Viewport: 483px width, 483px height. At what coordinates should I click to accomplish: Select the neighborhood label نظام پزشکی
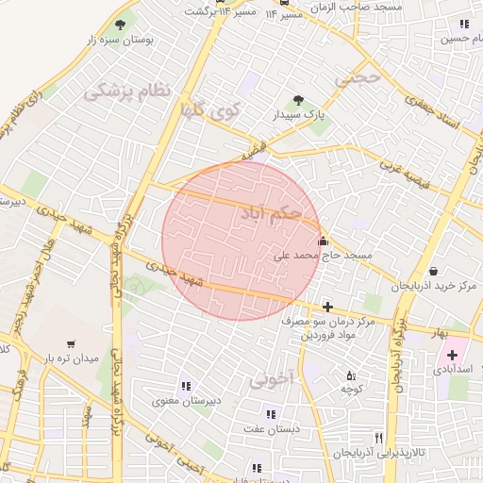[x=128, y=91]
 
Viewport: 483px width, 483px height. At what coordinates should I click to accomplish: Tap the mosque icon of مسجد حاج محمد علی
[x=324, y=240]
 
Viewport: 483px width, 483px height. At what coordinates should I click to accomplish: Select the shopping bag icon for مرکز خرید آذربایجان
[x=432, y=271]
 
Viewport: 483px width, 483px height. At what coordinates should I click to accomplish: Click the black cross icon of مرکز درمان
[x=326, y=306]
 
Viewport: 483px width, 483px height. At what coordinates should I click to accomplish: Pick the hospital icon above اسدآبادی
[x=452, y=355]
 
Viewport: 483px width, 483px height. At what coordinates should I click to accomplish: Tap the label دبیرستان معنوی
[x=188, y=400]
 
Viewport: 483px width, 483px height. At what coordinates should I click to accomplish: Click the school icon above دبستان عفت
[x=271, y=413]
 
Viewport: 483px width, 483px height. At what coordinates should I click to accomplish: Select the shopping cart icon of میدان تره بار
[x=73, y=343]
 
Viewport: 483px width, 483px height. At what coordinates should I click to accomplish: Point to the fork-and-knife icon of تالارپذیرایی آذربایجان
[x=379, y=438]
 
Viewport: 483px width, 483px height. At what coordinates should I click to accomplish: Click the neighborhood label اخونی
[x=274, y=379]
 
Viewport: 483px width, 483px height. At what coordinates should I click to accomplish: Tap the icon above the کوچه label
[x=351, y=375]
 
